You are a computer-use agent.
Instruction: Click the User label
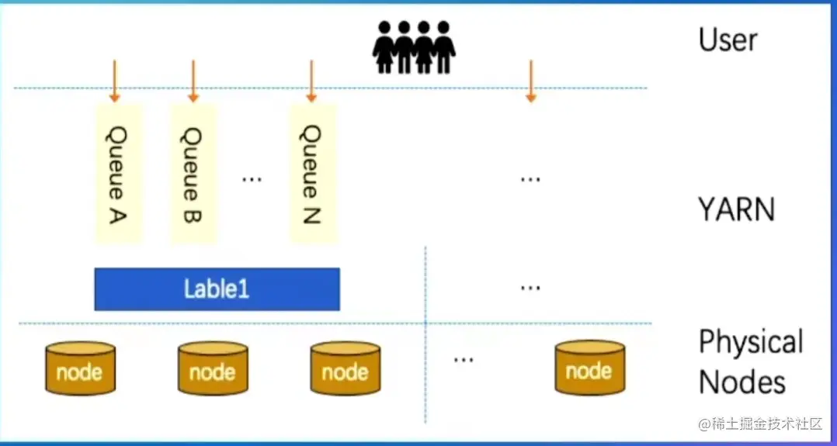[728, 40]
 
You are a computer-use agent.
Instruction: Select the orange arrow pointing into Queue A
[114, 81]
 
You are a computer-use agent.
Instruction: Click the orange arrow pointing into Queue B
[193, 81]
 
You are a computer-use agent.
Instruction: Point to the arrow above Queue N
[311, 81]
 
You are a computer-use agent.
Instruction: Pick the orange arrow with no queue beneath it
[530, 81]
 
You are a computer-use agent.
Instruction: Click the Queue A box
[118, 173]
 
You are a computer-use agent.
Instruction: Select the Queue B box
[193, 173]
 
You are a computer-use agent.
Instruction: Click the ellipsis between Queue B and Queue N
[252, 178]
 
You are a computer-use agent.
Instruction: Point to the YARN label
[735, 209]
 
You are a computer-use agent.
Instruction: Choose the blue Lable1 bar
[217, 289]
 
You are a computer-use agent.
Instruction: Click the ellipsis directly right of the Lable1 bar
[530, 287]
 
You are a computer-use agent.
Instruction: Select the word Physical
[750, 342]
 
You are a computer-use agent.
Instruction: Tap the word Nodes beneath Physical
[741, 382]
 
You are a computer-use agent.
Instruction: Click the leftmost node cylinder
[79, 368]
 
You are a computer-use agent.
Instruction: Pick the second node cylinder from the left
[212, 368]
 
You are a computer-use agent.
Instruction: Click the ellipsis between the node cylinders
[464, 359]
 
